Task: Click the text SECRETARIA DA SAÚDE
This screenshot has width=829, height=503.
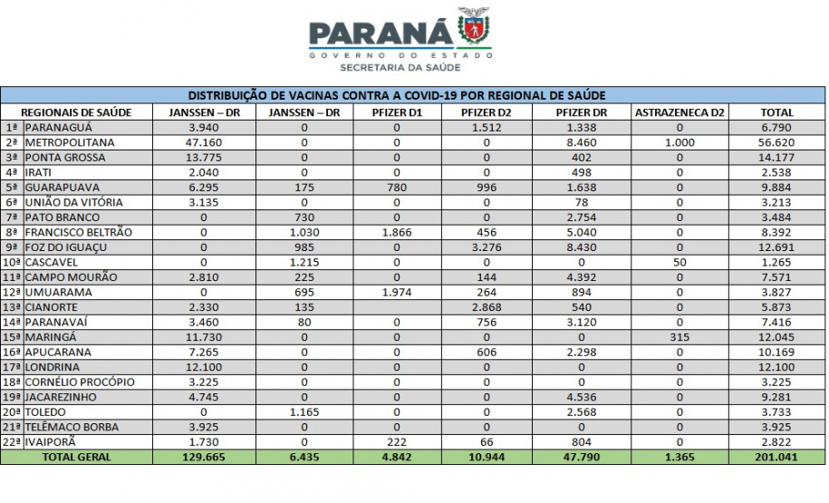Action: pyautogui.click(x=399, y=68)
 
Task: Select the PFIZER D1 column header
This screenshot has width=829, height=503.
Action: pyautogui.click(x=396, y=112)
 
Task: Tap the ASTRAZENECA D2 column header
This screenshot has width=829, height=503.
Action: pyautogui.click(x=680, y=112)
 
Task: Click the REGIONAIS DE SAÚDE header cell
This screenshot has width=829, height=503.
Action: pyautogui.click(x=76, y=112)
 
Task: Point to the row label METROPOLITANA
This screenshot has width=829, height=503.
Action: pyautogui.click(x=70, y=142)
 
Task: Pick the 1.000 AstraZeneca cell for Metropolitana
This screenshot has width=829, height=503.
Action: pyautogui.click(x=680, y=142)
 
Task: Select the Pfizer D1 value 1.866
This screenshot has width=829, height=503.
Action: pyautogui.click(x=396, y=232)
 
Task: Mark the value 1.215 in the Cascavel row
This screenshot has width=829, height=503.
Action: pyautogui.click(x=304, y=262)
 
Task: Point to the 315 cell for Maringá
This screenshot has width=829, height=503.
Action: pyautogui.click(x=680, y=337)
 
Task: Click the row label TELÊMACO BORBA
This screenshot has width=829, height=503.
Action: pyautogui.click(x=72, y=427)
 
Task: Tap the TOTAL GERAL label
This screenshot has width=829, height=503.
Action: pyautogui.click(x=76, y=457)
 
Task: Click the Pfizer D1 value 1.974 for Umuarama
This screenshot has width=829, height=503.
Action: pyautogui.click(x=396, y=292)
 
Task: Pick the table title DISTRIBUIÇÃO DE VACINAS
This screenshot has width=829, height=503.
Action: pyautogui.click(x=396, y=95)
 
